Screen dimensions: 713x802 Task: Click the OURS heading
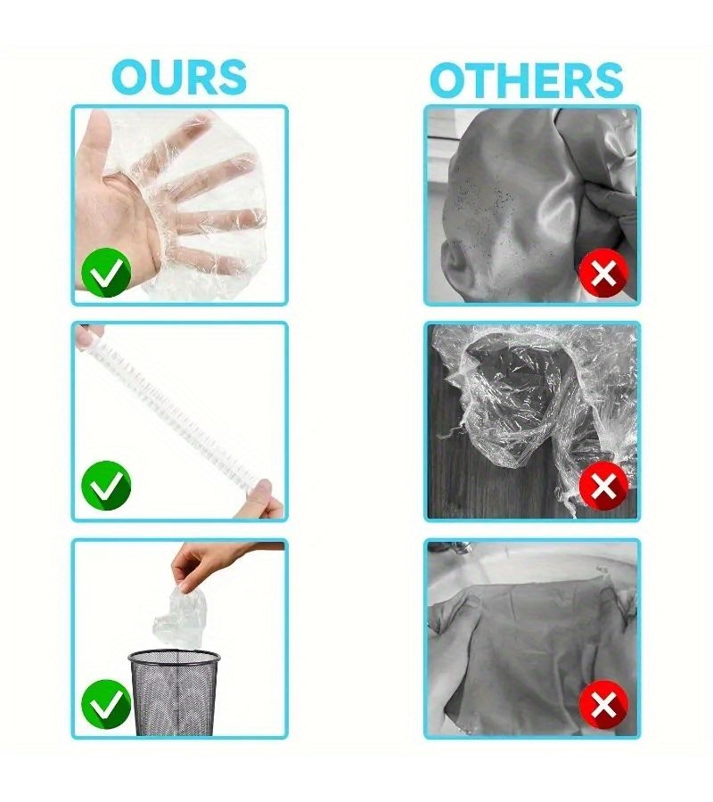(179, 78)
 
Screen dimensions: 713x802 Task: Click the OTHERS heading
(527, 80)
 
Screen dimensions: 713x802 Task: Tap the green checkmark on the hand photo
(106, 272)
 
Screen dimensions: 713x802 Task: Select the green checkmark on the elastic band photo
(106, 486)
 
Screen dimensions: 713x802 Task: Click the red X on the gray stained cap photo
(603, 274)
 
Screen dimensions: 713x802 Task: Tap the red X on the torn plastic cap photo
(603, 487)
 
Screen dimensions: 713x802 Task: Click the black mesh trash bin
(175, 692)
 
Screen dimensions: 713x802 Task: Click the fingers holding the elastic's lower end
(265, 499)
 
